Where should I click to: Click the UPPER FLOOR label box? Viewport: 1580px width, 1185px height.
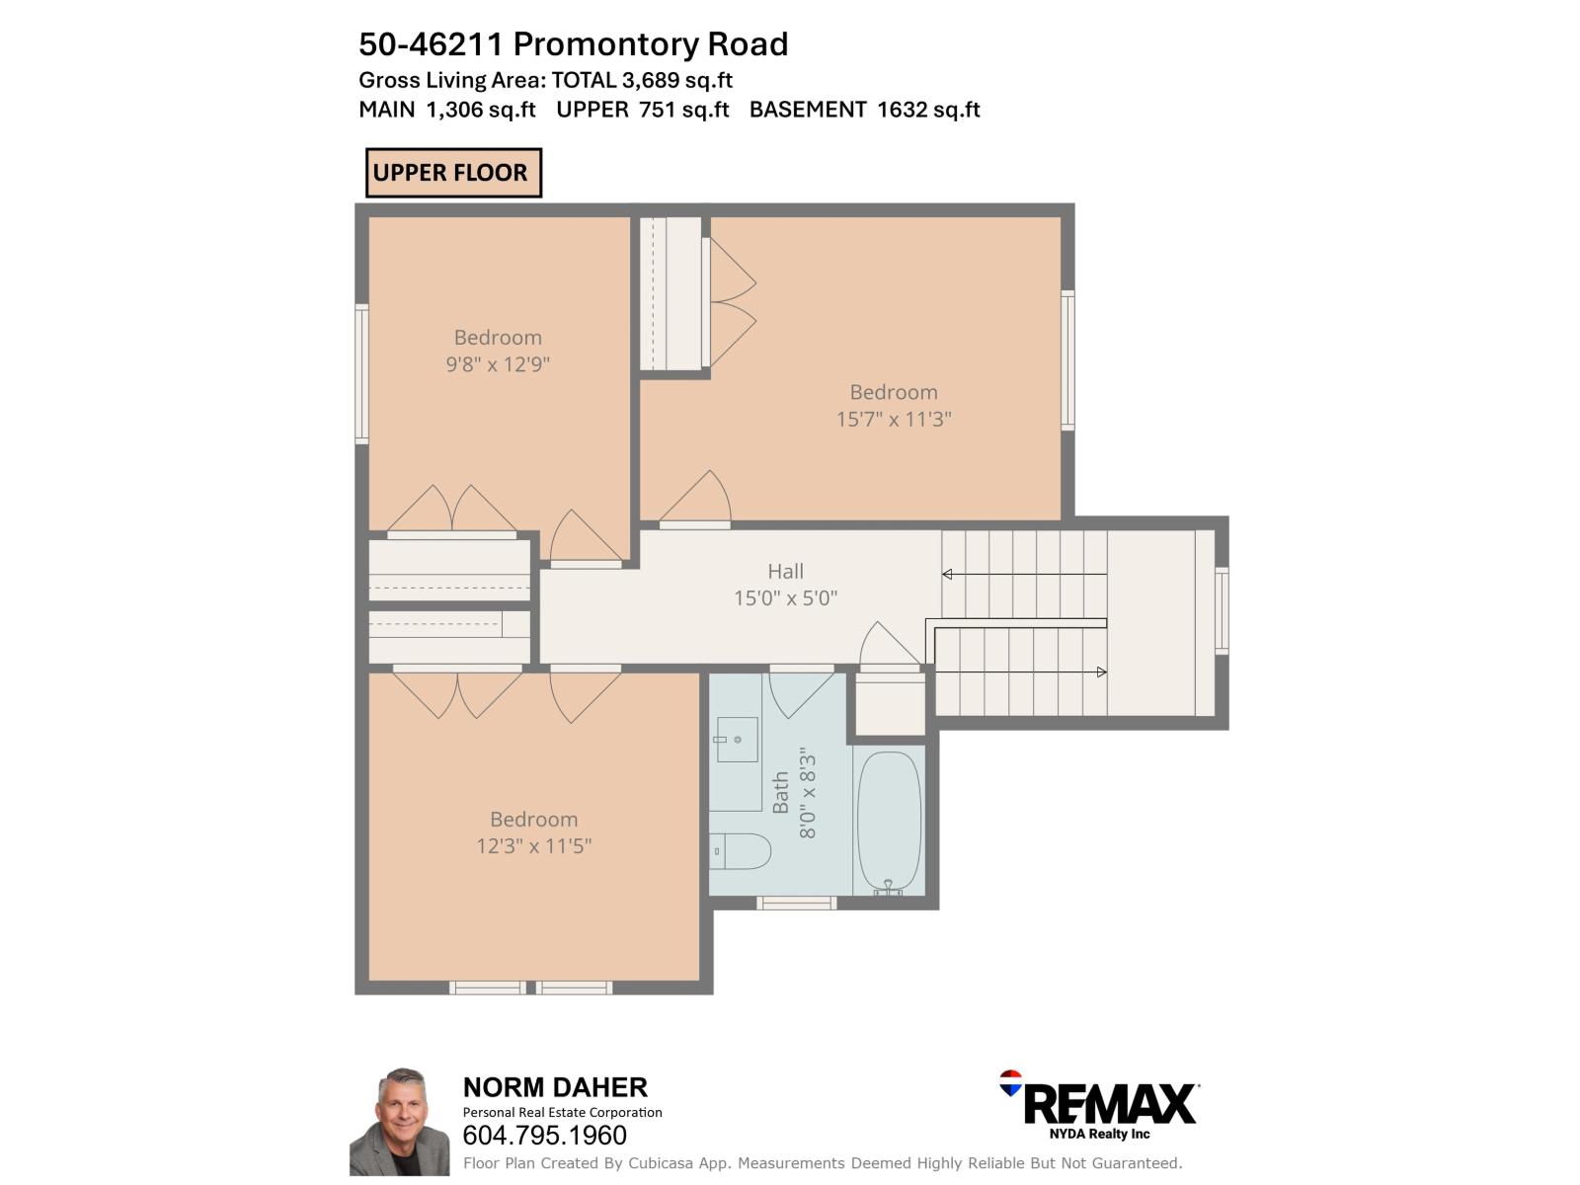pos(453,173)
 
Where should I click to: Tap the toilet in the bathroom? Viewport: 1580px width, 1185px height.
pos(742,850)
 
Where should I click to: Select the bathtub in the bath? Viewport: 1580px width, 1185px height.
pos(889,822)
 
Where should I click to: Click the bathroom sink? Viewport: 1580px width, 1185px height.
pos(736,740)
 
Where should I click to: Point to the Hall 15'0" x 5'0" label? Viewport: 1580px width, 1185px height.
pos(785,585)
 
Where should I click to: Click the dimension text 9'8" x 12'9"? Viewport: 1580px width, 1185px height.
pos(498,364)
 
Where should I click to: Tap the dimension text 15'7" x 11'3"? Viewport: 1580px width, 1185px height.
pos(894,419)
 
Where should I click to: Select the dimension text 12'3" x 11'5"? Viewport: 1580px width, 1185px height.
pos(533,846)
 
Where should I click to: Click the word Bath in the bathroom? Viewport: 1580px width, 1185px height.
pos(781,793)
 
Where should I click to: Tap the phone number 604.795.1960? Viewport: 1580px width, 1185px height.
pos(544,1136)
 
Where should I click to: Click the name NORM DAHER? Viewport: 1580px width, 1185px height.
pos(555,1087)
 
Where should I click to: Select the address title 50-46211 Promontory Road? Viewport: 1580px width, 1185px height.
pos(573,44)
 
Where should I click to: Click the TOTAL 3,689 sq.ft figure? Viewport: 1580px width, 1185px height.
pos(642,80)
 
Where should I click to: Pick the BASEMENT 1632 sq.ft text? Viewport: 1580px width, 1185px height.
pos(864,110)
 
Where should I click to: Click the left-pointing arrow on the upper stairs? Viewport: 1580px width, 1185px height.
pos(948,574)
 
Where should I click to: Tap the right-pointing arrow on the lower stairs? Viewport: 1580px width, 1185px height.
pos(1101,672)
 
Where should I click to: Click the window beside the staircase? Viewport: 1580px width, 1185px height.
pos(1222,610)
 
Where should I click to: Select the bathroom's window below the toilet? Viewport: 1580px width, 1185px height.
pos(796,903)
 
